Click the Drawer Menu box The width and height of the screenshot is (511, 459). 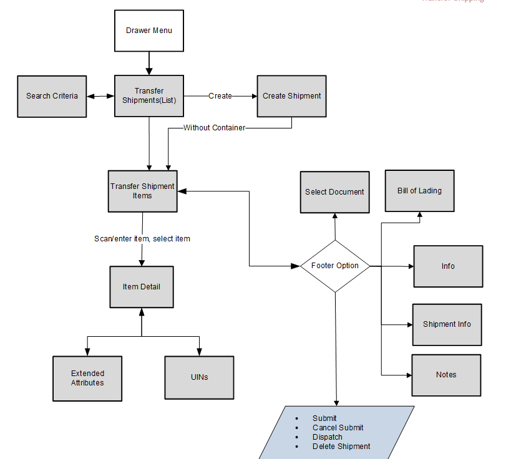(x=149, y=31)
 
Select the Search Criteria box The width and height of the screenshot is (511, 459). (x=52, y=96)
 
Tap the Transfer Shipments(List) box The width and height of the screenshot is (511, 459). (x=149, y=95)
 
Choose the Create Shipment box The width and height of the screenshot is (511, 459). (x=291, y=96)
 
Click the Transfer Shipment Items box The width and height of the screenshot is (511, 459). (x=142, y=191)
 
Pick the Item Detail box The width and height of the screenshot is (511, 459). (x=142, y=287)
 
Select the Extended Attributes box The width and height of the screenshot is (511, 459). (x=87, y=378)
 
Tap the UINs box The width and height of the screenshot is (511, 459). (x=199, y=378)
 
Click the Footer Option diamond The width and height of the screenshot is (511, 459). (x=335, y=266)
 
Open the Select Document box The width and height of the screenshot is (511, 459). (x=334, y=192)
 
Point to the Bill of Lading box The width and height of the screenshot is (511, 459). (x=419, y=191)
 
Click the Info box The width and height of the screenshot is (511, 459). (x=448, y=266)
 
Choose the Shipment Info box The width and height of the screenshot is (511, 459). (x=447, y=324)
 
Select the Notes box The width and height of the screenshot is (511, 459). (x=446, y=375)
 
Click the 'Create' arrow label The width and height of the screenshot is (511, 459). (x=220, y=96)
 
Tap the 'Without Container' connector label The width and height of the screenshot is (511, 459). (x=214, y=128)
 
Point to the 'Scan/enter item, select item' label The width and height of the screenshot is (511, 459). (x=142, y=239)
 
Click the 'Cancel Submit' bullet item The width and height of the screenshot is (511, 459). (x=338, y=428)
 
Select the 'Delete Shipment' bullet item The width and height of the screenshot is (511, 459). (x=341, y=447)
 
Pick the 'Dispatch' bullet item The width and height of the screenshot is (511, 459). (x=327, y=437)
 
